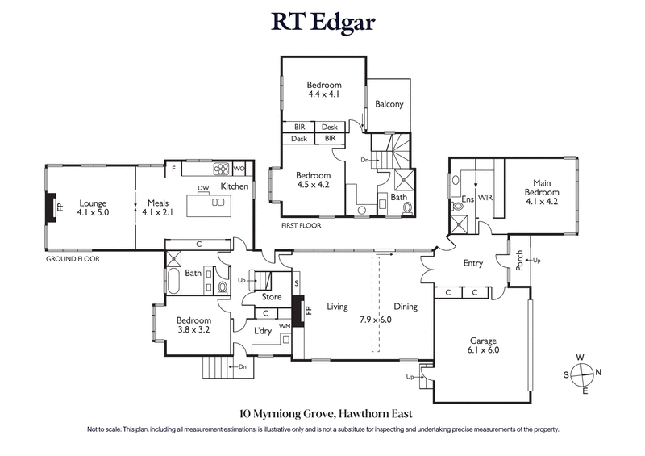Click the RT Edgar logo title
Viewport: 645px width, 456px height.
coord(322,22)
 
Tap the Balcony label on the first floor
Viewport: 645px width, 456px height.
coord(389,104)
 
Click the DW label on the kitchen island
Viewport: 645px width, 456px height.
coord(203,189)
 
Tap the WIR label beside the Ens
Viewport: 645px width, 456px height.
coord(486,196)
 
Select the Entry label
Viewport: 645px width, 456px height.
coord(473,264)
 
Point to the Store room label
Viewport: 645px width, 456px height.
coord(272,297)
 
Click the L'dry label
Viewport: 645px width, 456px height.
coord(263,331)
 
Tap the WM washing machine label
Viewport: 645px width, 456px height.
coord(283,326)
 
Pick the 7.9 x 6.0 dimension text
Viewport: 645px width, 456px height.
coord(375,320)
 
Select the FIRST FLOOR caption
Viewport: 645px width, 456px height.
coord(301,226)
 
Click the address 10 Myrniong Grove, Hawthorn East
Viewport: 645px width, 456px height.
coord(322,412)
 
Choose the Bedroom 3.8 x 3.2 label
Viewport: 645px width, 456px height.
coord(194,324)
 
